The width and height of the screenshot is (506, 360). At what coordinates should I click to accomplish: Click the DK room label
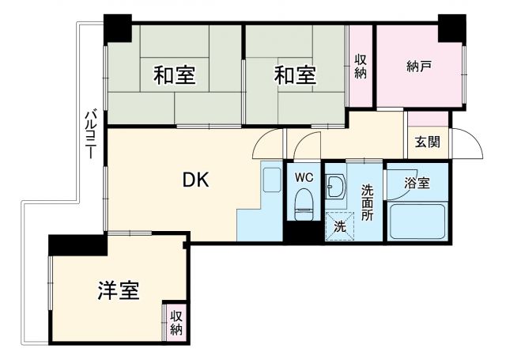[196, 181]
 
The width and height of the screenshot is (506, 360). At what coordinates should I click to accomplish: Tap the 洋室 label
[119, 291]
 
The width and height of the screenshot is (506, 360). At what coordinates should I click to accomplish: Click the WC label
[304, 177]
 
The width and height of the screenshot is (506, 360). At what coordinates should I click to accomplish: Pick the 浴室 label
[417, 183]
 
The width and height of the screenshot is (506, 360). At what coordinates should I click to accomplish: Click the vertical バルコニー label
[91, 135]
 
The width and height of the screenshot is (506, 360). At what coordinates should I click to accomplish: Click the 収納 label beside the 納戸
[361, 66]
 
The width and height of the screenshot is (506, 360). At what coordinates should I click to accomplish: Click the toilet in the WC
[304, 208]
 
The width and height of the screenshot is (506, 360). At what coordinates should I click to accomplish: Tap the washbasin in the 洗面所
[335, 188]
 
